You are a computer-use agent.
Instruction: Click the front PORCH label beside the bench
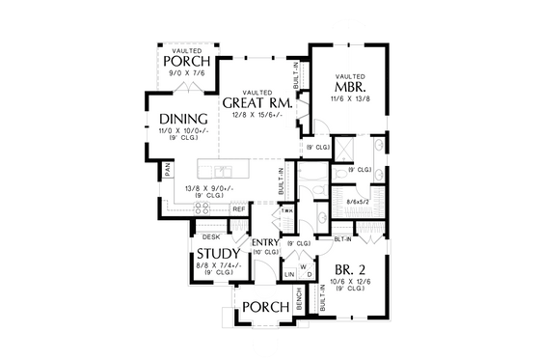[x=265, y=307]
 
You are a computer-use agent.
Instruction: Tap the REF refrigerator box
[x=238, y=208]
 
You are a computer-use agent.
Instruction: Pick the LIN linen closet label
[x=288, y=275]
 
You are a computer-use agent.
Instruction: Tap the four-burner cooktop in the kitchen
[x=205, y=208]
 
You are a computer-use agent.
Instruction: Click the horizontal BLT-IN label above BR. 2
[x=341, y=237]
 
